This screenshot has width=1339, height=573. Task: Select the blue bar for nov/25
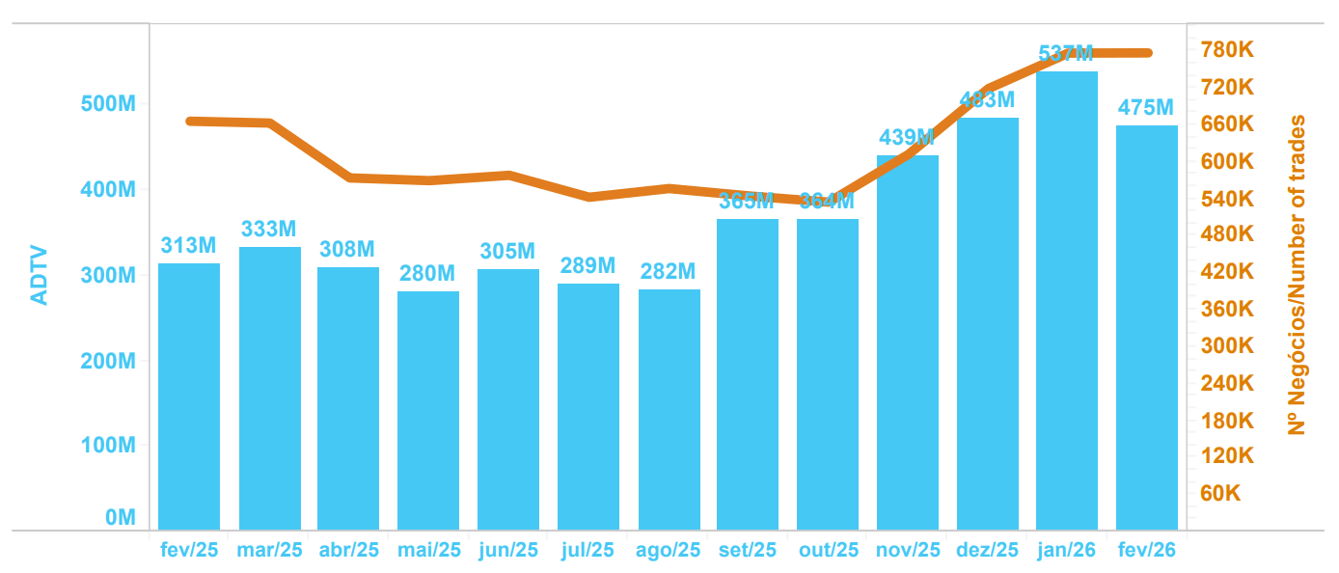[x=907, y=342]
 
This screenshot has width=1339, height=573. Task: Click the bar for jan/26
[x=1067, y=300]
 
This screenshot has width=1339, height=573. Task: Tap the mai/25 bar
[x=427, y=410]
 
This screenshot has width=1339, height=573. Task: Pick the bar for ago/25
[x=669, y=409]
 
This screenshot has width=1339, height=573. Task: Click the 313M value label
[x=189, y=246]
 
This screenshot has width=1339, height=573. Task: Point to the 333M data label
[x=269, y=230]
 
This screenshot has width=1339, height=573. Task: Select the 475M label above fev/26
[x=1146, y=108]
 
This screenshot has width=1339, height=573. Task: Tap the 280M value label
[x=427, y=274]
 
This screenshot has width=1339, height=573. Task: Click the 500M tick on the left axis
[x=107, y=104]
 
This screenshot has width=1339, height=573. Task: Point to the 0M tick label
[x=120, y=518]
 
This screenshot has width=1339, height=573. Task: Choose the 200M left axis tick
[x=107, y=361]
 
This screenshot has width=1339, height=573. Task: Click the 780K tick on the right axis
[x=1226, y=50]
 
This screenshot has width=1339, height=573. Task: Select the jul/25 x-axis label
[x=588, y=551]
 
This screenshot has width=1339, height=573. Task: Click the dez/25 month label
[x=987, y=551]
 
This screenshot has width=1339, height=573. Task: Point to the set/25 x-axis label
[x=747, y=551]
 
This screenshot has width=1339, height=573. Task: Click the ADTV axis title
[x=39, y=277]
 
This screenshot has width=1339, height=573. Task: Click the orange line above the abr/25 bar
[x=348, y=177]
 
